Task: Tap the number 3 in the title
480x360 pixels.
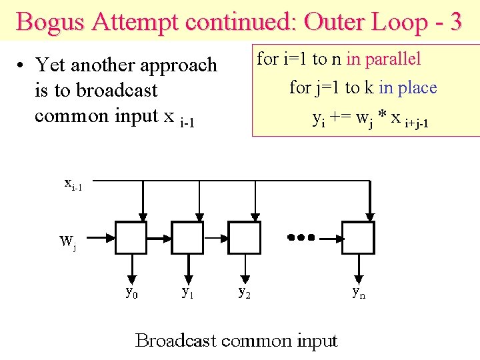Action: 455,22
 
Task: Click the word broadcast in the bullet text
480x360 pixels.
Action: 115,90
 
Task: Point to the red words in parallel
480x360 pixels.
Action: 383,59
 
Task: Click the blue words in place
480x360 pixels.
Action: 407,87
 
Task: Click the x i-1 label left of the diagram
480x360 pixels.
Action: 73,184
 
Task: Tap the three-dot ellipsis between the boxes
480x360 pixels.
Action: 301,237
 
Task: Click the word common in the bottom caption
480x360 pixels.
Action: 255,341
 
